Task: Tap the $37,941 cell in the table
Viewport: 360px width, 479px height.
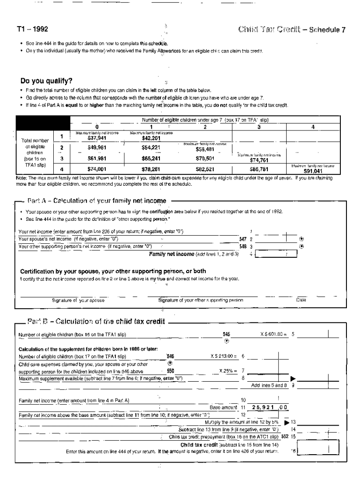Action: tap(97, 138)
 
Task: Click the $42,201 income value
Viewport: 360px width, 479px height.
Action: tap(151, 138)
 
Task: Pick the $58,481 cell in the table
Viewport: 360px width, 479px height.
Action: tap(205, 150)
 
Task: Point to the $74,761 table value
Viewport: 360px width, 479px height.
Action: tap(259, 159)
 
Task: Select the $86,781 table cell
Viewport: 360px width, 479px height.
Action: tap(259, 169)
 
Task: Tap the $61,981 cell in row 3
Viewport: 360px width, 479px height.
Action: tap(97, 159)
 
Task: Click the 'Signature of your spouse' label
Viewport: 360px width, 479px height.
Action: tap(78, 300)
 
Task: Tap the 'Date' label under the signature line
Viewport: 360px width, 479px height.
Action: tap(301, 300)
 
